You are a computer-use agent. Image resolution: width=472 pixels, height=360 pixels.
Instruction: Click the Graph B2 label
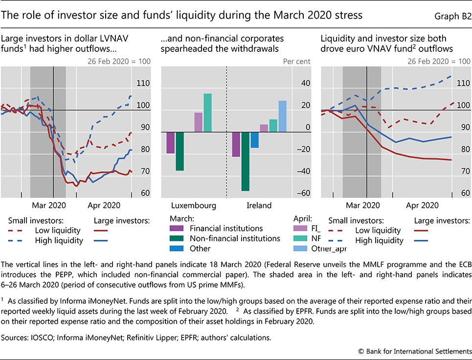tap(452, 16)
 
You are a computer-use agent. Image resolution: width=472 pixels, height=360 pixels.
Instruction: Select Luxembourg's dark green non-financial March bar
tap(180, 151)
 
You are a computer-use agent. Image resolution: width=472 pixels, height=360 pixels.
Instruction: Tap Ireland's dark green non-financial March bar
tap(245, 161)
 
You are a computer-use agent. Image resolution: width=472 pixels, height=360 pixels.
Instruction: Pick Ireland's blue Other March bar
tap(254, 140)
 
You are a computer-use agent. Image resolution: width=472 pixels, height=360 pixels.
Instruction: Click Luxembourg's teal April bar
tap(207, 112)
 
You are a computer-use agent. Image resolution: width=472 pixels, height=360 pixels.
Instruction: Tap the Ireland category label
tap(258, 205)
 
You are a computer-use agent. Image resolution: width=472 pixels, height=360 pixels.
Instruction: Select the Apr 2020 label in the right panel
tap(423, 205)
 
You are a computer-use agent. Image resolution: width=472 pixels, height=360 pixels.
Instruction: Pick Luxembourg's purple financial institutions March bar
tap(171, 143)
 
